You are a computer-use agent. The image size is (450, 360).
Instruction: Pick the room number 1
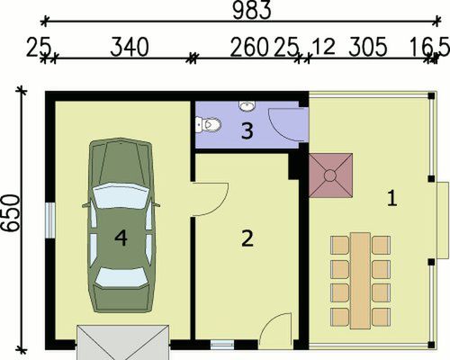pyautogui.click(x=391, y=197)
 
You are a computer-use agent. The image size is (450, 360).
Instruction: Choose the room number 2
pyautogui.click(x=247, y=238)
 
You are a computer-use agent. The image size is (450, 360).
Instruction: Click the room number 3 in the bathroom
pyautogui.click(x=246, y=131)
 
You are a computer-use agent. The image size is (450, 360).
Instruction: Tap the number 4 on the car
pyautogui.click(x=121, y=238)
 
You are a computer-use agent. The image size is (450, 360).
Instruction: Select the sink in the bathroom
pyautogui.click(x=247, y=106)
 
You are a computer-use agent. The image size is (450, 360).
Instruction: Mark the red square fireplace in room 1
pyautogui.click(x=331, y=173)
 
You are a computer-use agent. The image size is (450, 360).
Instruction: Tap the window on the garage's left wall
pyautogui.click(x=50, y=220)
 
